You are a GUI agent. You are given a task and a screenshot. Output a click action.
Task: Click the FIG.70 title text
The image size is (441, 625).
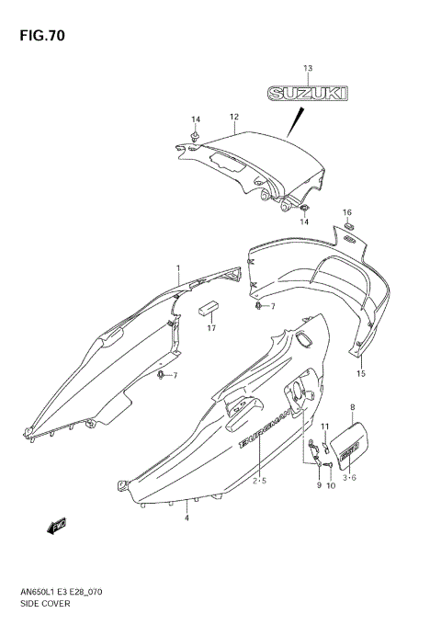[38, 36]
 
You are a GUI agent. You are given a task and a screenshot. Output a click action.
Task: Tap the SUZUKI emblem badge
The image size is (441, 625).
[308, 94]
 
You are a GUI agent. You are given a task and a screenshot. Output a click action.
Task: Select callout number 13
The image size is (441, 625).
[308, 69]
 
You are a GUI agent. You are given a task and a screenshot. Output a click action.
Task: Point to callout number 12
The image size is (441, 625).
[234, 117]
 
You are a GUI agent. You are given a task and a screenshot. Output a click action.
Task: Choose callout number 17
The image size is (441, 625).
[211, 328]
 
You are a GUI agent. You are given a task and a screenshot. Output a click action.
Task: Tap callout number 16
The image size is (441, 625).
[347, 212]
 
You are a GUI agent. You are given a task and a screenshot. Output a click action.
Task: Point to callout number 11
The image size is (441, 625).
[324, 426]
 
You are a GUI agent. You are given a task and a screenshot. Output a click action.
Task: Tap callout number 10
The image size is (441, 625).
[330, 484]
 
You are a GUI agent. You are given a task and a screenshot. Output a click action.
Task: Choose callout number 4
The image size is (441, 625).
[187, 518]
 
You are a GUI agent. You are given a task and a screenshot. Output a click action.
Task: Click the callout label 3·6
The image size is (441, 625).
[350, 478]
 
